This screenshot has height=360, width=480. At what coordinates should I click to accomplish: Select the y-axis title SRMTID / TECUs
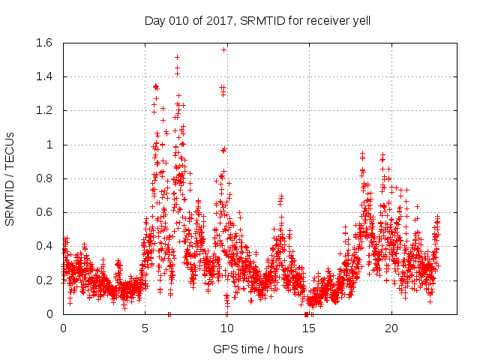tap(10, 178)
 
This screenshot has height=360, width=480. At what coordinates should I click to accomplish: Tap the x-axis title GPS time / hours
tap(259, 349)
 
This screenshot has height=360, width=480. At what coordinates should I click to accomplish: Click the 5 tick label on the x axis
tap(145, 328)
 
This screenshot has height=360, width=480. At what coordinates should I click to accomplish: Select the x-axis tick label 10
tap(226, 328)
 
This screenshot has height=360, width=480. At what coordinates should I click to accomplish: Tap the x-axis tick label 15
tap(308, 328)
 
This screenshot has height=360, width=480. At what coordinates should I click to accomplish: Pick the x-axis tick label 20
tap(390, 328)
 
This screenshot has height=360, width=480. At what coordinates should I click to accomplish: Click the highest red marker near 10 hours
tap(223, 49)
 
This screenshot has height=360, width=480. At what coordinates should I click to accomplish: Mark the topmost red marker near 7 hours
tap(177, 57)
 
